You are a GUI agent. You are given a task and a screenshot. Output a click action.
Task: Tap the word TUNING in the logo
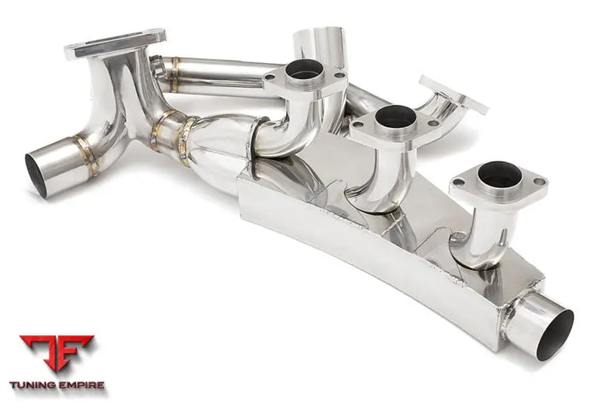33,385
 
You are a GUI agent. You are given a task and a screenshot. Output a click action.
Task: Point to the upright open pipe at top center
319,47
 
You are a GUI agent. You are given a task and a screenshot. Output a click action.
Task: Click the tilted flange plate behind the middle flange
452,95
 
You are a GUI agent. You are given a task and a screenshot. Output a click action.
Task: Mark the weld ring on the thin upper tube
172,72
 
